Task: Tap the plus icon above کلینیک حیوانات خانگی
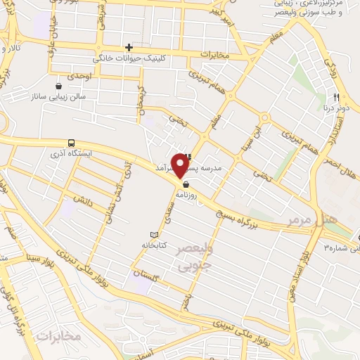coord(129,46)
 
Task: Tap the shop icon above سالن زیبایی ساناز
coord(70,84)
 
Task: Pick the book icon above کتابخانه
coord(155,234)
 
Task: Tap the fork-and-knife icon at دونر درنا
coord(337,98)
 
